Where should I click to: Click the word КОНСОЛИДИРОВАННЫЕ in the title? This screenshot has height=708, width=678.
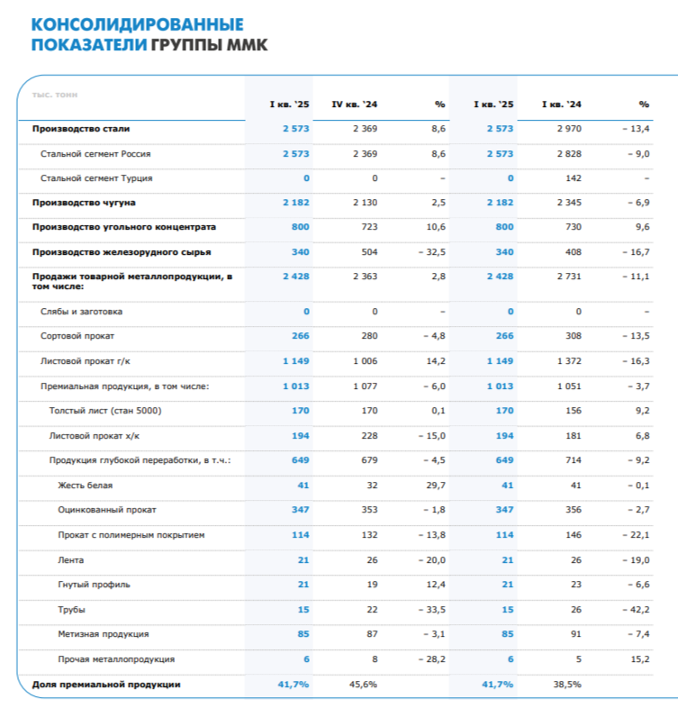(x=136, y=23)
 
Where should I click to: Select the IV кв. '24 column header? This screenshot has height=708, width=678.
(x=355, y=105)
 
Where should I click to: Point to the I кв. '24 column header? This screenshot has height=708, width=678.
(x=562, y=105)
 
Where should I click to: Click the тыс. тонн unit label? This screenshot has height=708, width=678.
(x=54, y=94)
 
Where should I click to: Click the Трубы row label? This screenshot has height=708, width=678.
(x=71, y=611)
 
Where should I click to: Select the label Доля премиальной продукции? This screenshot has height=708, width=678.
(x=106, y=685)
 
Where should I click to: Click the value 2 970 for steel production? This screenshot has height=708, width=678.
(x=569, y=129)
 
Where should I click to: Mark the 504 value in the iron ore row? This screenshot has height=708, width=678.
(x=369, y=252)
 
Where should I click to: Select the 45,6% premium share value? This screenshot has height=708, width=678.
(x=363, y=685)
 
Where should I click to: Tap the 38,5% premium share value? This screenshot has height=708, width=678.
(x=567, y=685)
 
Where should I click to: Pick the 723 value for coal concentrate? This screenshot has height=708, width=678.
(x=368, y=227)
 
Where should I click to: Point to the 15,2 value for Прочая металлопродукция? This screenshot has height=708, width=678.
(x=640, y=659)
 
